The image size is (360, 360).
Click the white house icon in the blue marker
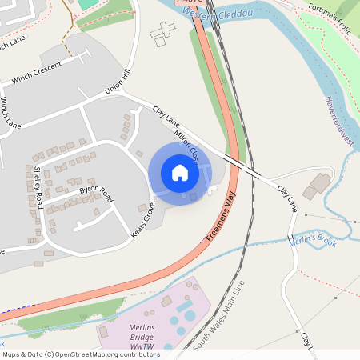pyautogui.click(x=180, y=173)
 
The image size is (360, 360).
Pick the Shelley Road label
pyautogui.click(x=38, y=187)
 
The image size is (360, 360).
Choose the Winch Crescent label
pyautogui.click(x=37, y=71)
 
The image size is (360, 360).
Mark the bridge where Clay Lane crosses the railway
pyautogui.click(x=241, y=166)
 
